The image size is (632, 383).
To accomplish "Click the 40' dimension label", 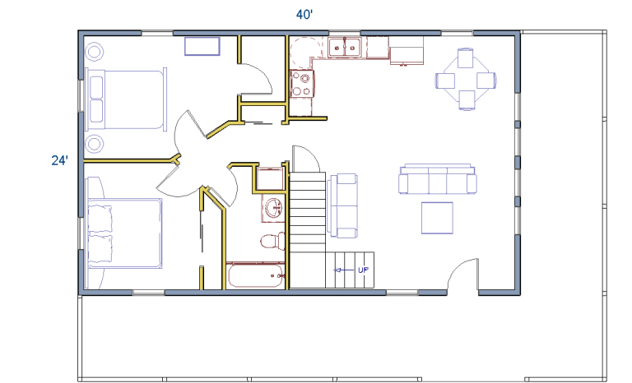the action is coord(304,15).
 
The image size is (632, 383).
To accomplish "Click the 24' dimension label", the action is coord(59,161).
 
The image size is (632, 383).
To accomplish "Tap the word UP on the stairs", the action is coord(363,270).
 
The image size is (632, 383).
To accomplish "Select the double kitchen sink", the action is coord(344,48).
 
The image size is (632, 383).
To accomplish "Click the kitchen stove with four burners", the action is coord(301,83).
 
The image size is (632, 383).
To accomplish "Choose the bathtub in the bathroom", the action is coord(256,275).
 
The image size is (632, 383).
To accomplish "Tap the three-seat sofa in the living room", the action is coord(438,179).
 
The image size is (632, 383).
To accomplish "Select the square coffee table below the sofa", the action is coord(437,218).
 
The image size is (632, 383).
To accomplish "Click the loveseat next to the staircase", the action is coord(342,205).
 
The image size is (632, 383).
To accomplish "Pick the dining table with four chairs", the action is coord(466,80).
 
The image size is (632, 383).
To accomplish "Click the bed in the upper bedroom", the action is coord(126,99).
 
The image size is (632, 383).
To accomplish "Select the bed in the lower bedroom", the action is coord(125,233).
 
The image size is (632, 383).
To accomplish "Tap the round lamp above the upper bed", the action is coord(95,52).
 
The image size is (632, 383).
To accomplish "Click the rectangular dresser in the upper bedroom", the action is coord(202,46).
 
